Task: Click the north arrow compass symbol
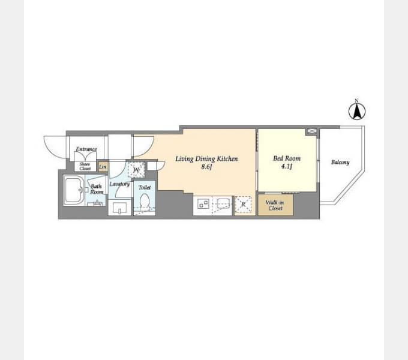click(357, 110)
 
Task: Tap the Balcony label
click(340, 163)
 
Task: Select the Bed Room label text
click(287, 158)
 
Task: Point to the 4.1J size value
click(286, 166)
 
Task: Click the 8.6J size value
click(206, 167)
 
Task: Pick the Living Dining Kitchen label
click(206, 159)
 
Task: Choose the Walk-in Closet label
click(275, 205)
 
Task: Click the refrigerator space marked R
click(243, 205)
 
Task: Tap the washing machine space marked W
click(136, 170)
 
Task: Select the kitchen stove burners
click(203, 203)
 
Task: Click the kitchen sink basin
click(223, 203)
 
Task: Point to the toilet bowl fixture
click(145, 202)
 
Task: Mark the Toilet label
click(145, 188)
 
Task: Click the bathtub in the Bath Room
click(74, 190)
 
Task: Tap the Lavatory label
click(119, 184)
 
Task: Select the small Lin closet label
click(103, 167)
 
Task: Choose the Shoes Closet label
click(85, 166)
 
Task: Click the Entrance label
click(86, 149)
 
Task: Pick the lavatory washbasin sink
click(119, 208)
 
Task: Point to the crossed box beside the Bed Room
click(311, 131)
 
